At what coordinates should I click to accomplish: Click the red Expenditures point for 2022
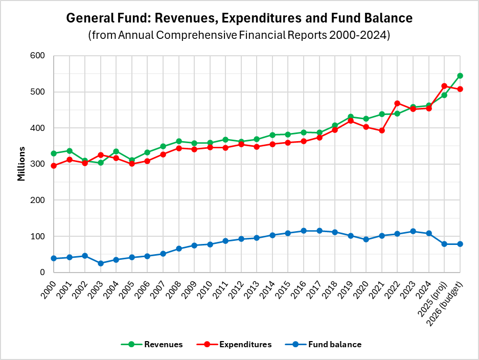click(x=397, y=103)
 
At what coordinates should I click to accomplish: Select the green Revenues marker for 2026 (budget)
click(x=460, y=76)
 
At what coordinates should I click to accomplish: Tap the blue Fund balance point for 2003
click(x=101, y=263)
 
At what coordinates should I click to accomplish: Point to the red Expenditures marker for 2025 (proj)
click(x=444, y=86)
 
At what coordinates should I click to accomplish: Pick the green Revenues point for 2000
click(x=54, y=153)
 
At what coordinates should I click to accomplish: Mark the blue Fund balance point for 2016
click(x=304, y=231)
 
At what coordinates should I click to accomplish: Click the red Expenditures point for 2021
click(x=382, y=130)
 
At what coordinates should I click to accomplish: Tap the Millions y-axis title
click(x=21, y=164)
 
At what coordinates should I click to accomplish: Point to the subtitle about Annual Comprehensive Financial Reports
click(x=239, y=36)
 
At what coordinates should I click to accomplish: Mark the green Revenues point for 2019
click(x=351, y=117)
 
